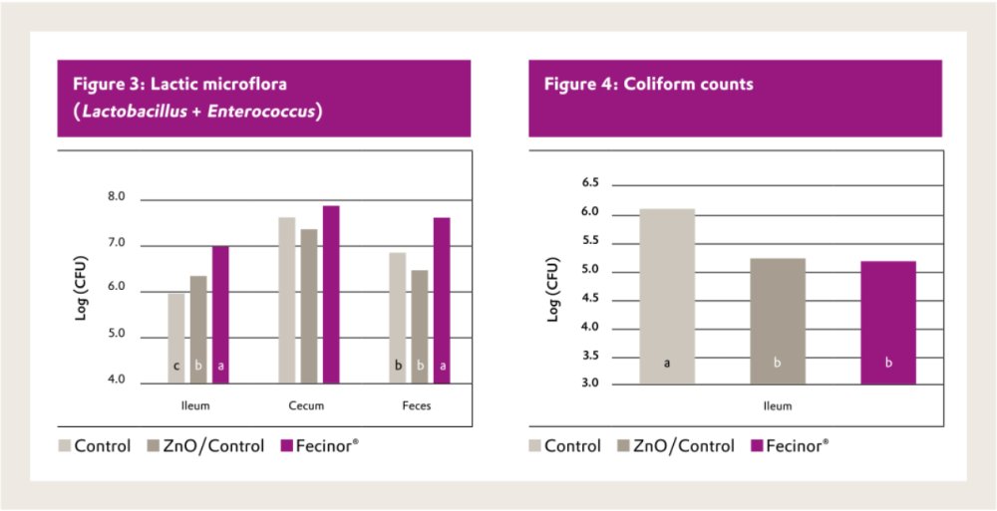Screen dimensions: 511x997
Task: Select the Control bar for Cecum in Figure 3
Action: tap(287, 299)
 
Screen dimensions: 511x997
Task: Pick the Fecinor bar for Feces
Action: tap(442, 299)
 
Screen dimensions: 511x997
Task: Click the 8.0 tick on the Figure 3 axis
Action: tap(117, 197)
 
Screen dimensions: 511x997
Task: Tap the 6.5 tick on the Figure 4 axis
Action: tap(591, 183)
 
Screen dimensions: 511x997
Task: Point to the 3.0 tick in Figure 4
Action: tap(591, 383)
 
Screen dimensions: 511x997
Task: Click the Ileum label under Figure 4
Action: tap(778, 406)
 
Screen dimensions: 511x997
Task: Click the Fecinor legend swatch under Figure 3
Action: tap(288, 446)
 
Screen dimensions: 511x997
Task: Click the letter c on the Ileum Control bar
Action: tap(176, 366)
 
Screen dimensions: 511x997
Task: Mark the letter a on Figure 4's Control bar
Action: tap(667, 364)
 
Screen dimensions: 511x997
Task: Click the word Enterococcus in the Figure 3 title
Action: tap(270, 112)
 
